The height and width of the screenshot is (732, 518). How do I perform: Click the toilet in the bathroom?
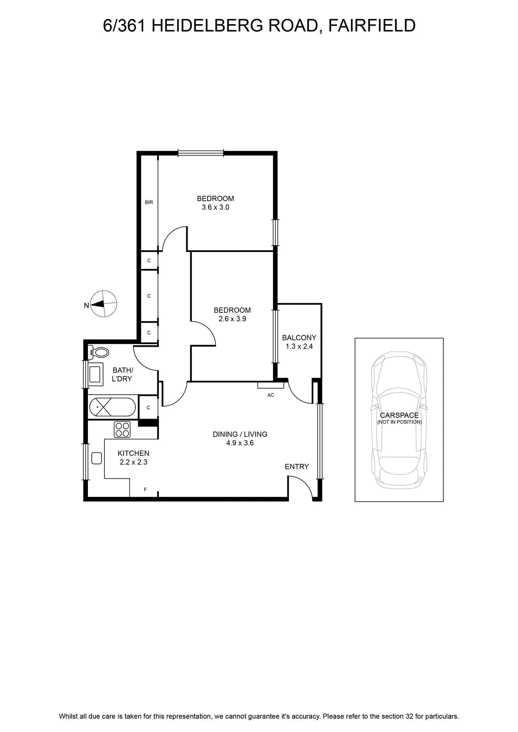[99, 352]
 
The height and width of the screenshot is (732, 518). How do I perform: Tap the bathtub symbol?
[113, 407]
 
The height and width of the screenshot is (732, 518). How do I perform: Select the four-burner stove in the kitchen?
[122, 429]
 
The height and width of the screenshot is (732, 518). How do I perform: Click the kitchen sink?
[97, 458]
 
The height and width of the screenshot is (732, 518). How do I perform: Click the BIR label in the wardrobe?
[149, 202]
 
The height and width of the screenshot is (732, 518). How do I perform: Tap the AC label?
[270, 395]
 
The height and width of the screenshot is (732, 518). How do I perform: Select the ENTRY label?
[297, 467]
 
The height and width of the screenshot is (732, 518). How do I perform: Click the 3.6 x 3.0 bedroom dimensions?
[216, 207]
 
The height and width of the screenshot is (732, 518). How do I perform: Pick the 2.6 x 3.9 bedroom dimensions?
[232, 318]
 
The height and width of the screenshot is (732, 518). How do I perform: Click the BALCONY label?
[299, 338]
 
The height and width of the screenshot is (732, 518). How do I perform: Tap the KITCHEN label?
[133, 453]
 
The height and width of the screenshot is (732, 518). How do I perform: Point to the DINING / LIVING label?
[240, 434]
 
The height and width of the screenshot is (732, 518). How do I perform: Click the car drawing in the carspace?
[399, 420]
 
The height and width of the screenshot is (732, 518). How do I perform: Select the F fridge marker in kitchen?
[146, 489]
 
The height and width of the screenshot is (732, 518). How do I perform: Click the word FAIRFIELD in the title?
[372, 26]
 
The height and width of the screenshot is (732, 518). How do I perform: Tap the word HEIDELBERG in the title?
[207, 26]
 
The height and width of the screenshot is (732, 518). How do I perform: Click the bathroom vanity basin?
[96, 372]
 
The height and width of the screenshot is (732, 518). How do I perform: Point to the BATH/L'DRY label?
[122, 375]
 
